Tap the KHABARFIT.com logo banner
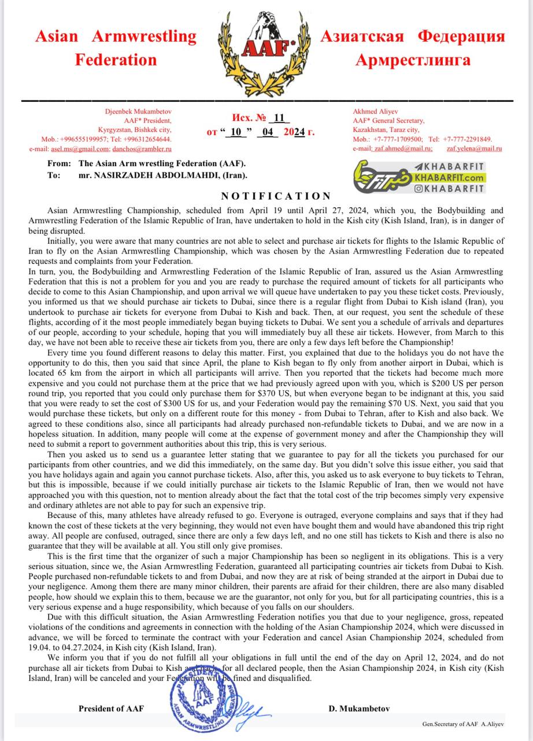coord(420,173)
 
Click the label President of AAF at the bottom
coord(112,709)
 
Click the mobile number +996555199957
coord(86,140)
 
